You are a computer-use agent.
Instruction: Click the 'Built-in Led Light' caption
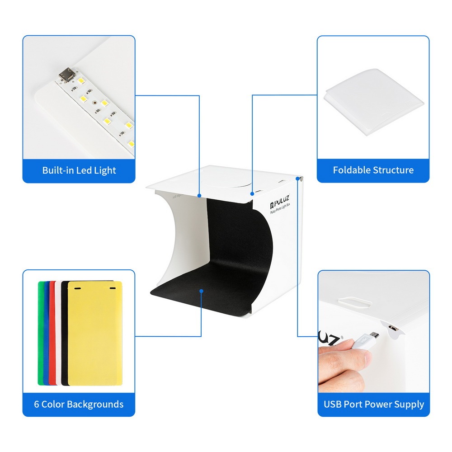(79, 170)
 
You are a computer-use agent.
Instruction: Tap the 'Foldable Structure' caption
(373, 170)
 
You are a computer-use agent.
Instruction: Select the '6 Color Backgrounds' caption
(79, 404)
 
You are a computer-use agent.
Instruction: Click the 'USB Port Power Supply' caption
(374, 404)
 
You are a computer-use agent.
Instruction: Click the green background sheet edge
(40, 333)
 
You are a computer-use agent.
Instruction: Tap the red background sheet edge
(52, 333)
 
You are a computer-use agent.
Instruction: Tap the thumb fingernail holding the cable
(367, 358)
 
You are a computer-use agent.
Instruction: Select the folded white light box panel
(374, 101)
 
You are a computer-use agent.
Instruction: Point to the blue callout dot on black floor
(201, 291)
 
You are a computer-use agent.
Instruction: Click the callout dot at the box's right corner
(297, 179)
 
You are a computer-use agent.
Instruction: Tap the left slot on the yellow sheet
(78, 288)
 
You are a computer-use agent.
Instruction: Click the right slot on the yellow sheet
(113, 288)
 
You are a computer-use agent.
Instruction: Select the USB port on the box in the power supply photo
(393, 328)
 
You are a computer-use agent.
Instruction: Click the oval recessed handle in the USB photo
(354, 302)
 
